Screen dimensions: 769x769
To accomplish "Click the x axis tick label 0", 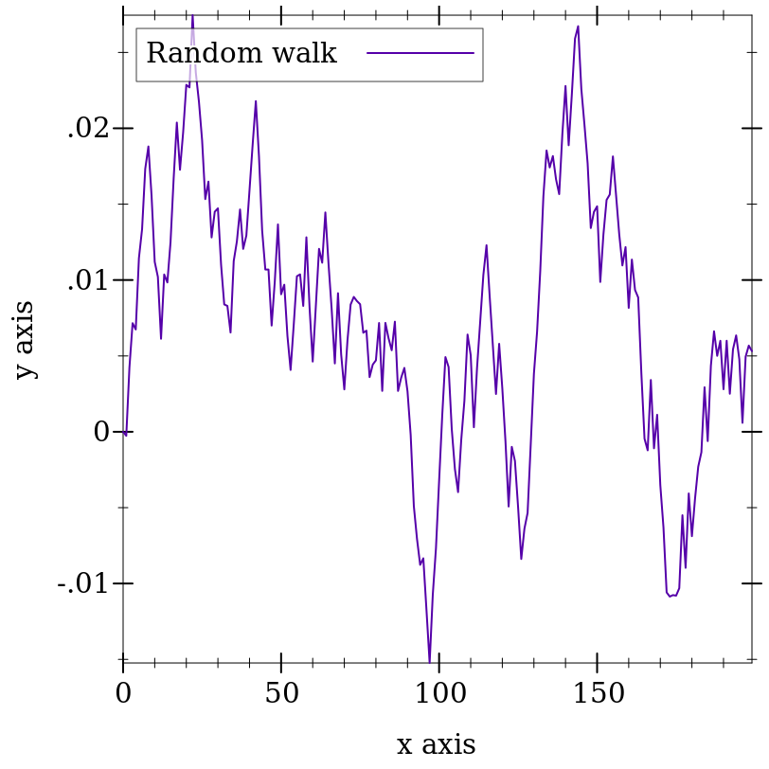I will [x=123, y=694].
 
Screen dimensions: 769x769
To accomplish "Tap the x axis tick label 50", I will [x=281, y=694].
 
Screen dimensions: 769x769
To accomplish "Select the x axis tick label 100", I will [x=439, y=694].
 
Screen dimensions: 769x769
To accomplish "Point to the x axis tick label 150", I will [x=598, y=694].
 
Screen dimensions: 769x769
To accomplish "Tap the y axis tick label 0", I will [x=101, y=433].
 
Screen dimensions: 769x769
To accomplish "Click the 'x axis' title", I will [x=436, y=744].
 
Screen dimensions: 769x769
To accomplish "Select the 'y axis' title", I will [x=25, y=339].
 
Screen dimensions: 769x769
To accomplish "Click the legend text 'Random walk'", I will [x=241, y=54].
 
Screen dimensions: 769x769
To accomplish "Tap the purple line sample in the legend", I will [x=420, y=54].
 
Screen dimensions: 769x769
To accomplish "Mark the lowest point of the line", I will [x=430, y=662].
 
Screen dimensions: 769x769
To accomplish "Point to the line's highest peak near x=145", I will [x=578, y=27].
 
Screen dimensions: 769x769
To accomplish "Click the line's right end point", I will [x=752, y=349].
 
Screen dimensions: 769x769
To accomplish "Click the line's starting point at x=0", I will [x=123, y=432].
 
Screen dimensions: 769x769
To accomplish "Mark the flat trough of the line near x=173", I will [x=672, y=595].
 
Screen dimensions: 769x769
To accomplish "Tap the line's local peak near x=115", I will [x=487, y=245].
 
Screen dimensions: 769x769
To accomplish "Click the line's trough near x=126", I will [x=521, y=559].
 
